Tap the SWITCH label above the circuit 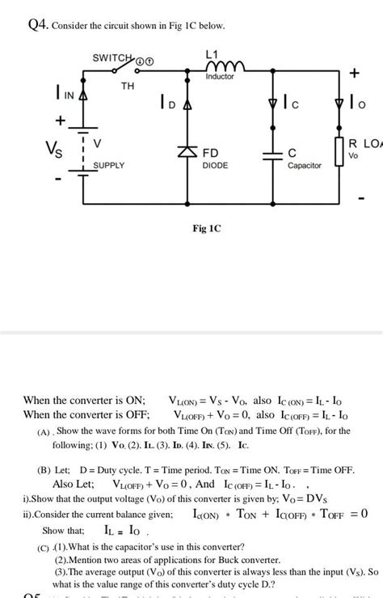pyautogui.click(x=112, y=58)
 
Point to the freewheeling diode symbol pyautogui.click(x=188, y=151)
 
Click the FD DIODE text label pyautogui.click(x=215, y=158)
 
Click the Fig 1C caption pyautogui.click(x=206, y=228)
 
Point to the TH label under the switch pyautogui.click(x=128, y=85)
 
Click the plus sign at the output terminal pyautogui.click(x=353, y=74)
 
